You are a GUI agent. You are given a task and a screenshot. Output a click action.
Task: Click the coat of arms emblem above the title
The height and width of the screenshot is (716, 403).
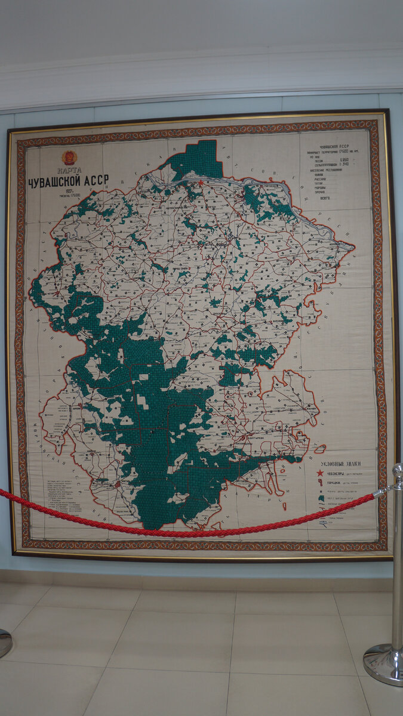click(x=69, y=158)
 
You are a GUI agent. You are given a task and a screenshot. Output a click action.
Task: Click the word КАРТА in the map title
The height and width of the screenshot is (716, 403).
click(x=68, y=170)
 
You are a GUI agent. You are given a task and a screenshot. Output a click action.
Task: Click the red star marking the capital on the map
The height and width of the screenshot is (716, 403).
click(x=201, y=183)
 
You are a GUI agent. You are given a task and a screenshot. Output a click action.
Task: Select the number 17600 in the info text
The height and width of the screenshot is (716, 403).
click(x=347, y=153)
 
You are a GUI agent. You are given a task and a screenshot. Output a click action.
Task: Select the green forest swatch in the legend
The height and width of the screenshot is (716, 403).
click(x=321, y=498)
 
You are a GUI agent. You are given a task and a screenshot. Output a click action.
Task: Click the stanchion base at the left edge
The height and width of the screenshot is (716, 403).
click(x=3, y=643)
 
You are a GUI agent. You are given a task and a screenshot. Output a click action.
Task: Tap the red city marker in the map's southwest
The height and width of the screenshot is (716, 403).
click(x=119, y=484)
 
